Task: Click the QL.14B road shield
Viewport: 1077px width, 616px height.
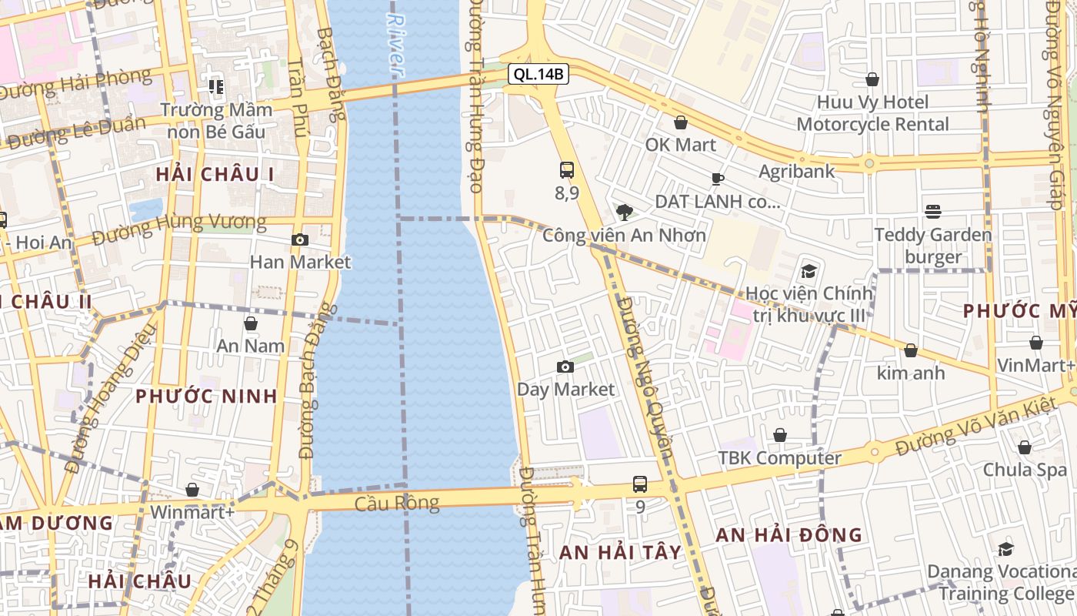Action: click(538, 75)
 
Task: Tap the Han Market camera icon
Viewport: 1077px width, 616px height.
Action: click(300, 240)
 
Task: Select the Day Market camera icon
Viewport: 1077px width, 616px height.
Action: click(565, 367)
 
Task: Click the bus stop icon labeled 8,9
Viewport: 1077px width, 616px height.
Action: click(567, 170)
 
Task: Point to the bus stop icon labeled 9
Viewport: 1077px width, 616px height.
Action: click(640, 484)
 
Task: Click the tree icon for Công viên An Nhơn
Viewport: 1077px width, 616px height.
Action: click(625, 212)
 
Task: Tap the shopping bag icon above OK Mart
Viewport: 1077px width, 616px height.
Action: click(681, 122)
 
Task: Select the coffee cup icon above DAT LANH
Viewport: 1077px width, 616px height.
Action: click(717, 179)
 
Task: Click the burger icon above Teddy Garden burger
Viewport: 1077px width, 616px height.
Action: click(933, 212)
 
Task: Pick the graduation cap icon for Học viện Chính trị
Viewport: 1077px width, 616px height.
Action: click(809, 271)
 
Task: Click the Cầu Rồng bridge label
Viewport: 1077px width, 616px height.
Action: click(397, 504)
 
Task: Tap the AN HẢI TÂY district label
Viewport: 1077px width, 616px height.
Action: click(620, 552)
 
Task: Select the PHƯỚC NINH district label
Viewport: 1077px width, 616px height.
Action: click(206, 397)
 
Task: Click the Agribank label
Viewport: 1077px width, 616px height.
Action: click(797, 171)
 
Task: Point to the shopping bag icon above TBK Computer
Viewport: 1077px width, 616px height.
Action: click(780, 436)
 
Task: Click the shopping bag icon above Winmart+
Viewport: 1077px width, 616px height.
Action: click(192, 490)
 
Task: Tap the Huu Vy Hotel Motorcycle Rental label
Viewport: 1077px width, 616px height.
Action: click(872, 113)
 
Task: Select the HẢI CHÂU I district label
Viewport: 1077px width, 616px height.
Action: click(215, 174)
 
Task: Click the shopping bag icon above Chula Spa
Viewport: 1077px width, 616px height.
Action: click(1025, 447)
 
